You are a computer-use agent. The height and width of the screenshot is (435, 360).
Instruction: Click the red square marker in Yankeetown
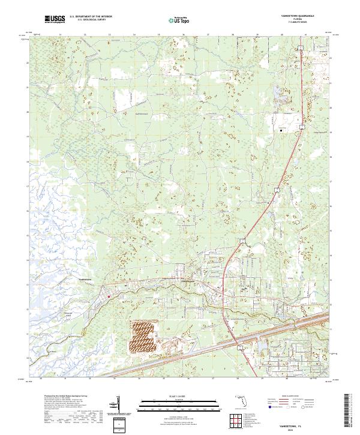109,295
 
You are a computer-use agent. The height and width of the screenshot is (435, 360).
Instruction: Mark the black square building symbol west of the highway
280,128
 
